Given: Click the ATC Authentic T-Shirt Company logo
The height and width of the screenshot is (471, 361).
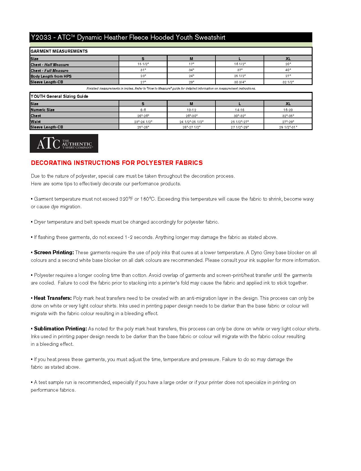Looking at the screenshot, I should pyautogui.click(x=64, y=143).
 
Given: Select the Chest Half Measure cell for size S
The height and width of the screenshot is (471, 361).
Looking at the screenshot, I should pyautogui.click(x=143, y=64).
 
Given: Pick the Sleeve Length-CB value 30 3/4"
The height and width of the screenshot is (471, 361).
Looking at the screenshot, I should pyautogui.click(x=240, y=82).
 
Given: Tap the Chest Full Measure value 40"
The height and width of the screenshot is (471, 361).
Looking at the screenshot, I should pyautogui.click(x=288, y=70).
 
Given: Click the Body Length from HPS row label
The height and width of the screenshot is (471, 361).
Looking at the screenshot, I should pyautogui.click(x=51, y=76).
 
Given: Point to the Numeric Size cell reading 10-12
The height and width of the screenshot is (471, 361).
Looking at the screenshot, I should pyautogui.click(x=191, y=110).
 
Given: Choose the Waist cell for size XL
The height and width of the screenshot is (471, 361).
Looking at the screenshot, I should pyautogui.click(x=288, y=122).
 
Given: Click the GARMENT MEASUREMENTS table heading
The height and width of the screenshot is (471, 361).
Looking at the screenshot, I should pyautogui.click(x=59, y=51).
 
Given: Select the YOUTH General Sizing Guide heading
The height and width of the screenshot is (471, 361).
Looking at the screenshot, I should pyautogui.click(x=59, y=96).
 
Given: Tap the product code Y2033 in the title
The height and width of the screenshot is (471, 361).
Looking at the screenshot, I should pyautogui.click(x=41, y=37).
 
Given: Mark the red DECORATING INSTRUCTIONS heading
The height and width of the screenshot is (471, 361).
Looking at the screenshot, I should pyautogui.click(x=117, y=163).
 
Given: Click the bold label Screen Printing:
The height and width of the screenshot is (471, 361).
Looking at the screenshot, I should pyautogui.click(x=54, y=253).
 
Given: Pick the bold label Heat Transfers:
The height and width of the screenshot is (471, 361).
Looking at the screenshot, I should pyautogui.click(x=53, y=298).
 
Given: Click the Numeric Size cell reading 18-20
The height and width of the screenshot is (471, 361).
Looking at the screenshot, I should pyautogui.click(x=288, y=110).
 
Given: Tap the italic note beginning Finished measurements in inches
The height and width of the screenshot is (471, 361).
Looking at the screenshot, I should pyautogui.click(x=171, y=88).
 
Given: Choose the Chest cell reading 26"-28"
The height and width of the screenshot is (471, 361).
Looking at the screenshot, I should pyautogui.click(x=143, y=116).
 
